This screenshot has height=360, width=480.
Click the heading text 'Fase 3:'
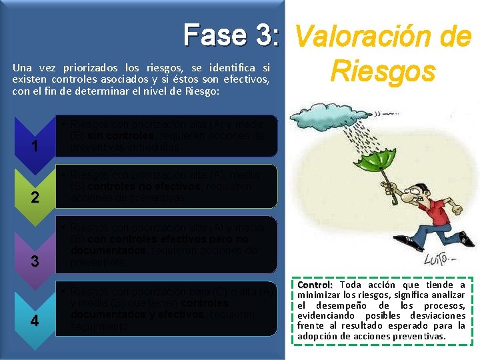[231, 35]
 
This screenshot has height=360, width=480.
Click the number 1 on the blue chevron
[35, 146]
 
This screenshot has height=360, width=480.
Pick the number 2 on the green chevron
[35, 197]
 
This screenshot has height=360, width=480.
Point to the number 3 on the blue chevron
[35, 261]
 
